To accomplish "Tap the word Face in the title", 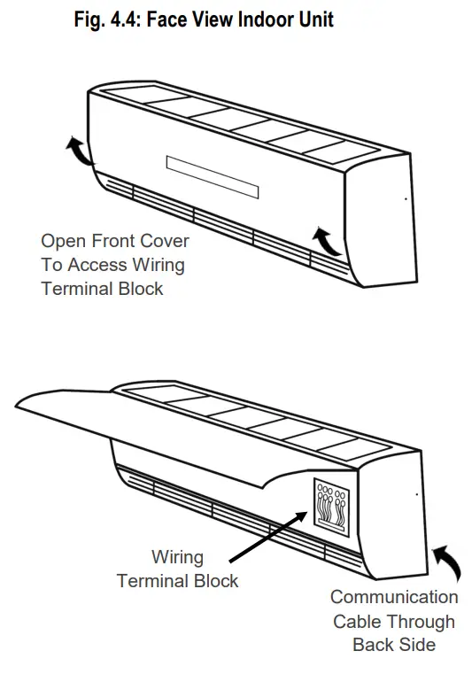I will [x=174, y=19].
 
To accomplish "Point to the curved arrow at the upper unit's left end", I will [x=77, y=151].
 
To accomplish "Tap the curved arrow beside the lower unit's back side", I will [x=445, y=563].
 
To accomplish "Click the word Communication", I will [x=393, y=598].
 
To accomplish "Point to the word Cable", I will [x=358, y=622].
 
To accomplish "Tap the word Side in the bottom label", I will [x=417, y=645].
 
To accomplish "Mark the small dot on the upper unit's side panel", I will [x=406, y=199].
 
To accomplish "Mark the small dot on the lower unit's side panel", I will [x=416, y=493].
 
